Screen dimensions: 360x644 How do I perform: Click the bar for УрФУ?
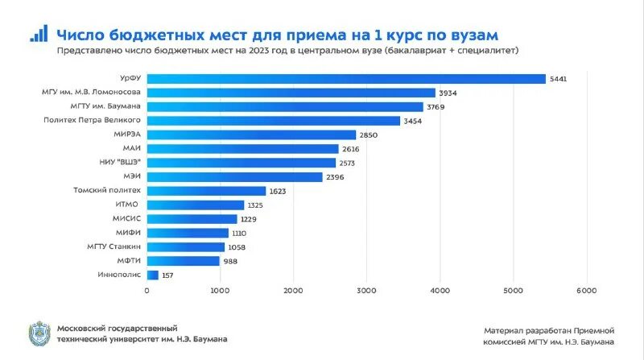coord(346,78)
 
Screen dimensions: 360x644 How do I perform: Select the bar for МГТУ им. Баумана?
coord(285,106)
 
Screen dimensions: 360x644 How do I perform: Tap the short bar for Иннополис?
coord(152,275)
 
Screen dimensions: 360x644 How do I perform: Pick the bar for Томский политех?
coord(206,191)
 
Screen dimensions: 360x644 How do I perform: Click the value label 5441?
coord(559,79)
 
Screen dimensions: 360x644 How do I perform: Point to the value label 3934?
coord(448,93)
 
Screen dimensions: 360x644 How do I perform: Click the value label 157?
coord(169,275)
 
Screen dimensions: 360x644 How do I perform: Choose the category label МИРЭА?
coord(128,134)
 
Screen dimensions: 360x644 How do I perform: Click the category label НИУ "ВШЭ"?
coord(121,163)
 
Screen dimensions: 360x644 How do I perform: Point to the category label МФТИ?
coord(130,261)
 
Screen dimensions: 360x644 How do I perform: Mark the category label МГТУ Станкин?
coord(114,246)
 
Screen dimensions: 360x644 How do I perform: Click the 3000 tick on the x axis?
coord(366,290)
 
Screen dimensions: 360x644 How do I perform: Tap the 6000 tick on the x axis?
coord(586,290)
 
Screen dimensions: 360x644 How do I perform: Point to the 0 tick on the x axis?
coord(147,290)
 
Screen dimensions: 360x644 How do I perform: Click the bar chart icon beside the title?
coord(38,33)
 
